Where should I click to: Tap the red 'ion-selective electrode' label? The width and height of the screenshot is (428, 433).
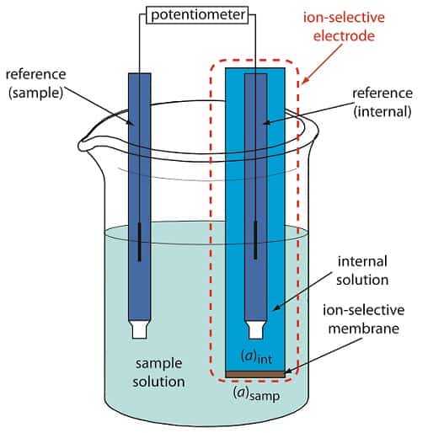coord(351,28)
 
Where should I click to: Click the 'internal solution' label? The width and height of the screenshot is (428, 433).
coord(363,270)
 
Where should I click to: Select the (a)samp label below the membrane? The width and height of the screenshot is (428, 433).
coord(258,393)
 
